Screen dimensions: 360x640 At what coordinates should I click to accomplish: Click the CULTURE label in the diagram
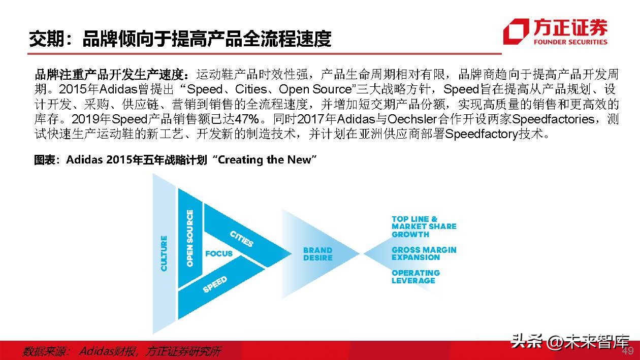(164, 253)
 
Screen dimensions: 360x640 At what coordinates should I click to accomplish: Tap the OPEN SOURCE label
(190, 239)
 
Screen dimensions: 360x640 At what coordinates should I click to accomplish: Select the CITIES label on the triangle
(242, 238)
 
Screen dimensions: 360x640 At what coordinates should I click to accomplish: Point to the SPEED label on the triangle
(215, 284)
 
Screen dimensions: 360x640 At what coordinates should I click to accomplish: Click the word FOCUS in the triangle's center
(218, 253)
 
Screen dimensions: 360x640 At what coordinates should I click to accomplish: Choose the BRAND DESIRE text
(317, 254)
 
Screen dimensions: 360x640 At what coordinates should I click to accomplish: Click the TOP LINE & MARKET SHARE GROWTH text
(424, 227)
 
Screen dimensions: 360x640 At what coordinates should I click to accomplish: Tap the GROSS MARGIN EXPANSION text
(424, 253)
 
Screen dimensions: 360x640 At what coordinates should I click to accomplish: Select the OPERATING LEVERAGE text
(415, 277)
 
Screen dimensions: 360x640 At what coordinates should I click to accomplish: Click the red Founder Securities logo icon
(516, 31)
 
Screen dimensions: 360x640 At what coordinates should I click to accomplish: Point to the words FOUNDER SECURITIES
(569, 42)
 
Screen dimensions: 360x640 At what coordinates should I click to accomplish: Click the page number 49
(628, 351)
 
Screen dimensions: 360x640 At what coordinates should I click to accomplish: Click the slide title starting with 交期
(180, 39)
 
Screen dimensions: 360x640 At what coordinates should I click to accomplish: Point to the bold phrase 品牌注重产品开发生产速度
(114, 75)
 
